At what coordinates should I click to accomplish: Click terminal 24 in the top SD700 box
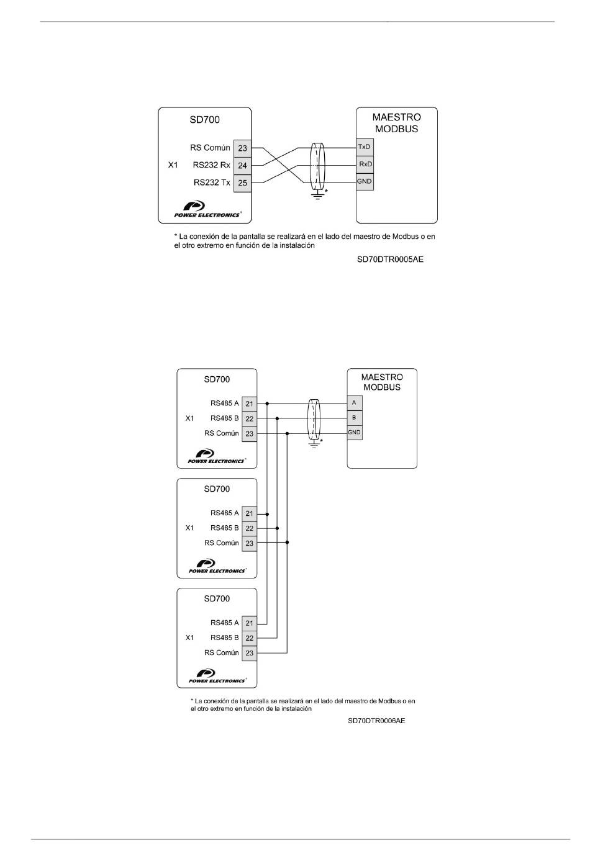coord(242,166)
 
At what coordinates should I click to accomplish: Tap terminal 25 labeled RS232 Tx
coord(242,183)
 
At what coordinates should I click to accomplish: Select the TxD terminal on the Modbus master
coord(365,147)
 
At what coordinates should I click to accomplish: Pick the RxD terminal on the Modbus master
coord(365,164)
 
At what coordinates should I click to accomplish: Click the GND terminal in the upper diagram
coord(365,181)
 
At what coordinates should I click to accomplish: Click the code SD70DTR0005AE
coord(390,259)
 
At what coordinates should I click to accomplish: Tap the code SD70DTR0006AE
coord(376,721)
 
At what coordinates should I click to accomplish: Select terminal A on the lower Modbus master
coord(354,403)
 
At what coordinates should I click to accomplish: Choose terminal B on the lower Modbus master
coord(354,417)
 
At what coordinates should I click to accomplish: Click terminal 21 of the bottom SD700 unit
coord(249,623)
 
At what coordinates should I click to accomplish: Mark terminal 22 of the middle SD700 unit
coord(249,528)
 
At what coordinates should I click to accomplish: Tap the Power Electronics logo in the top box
coord(207,209)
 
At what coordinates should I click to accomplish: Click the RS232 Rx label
coord(211,165)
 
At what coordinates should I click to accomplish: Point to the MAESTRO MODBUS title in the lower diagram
coord(382,382)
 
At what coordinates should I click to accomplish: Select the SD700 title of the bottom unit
coord(217,598)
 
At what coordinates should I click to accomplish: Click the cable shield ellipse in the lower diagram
coord(314,420)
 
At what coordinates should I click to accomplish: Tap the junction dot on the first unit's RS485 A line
coord(267,403)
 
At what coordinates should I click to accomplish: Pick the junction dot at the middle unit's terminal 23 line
coord(288,543)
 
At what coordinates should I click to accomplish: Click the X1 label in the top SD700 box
coord(173,165)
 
